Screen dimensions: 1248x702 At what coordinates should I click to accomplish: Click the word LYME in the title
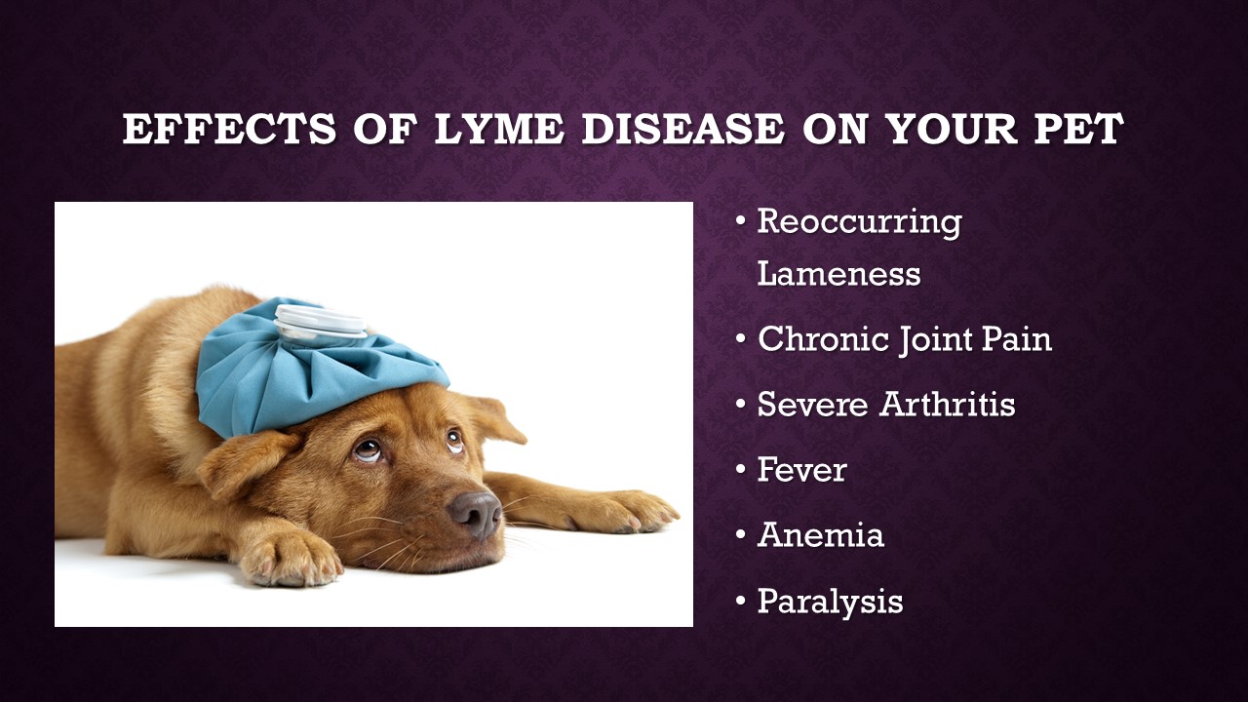[x=498, y=129]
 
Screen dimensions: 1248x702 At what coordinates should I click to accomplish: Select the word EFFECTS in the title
[x=229, y=129]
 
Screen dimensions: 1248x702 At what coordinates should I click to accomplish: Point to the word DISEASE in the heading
[x=682, y=129]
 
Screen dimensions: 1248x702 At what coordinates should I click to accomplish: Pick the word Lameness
[x=839, y=274]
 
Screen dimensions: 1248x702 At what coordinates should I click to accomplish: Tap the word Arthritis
[x=947, y=404]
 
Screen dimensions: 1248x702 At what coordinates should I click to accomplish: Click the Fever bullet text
[x=801, y=469]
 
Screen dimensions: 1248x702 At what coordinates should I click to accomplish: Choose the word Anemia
[x=820, y=535]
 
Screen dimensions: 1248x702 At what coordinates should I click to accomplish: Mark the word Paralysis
[x=830, y=603]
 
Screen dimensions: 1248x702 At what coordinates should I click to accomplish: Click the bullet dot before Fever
[x=740, y=469]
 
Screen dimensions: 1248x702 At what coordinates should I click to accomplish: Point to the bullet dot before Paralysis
[x=740, y=601]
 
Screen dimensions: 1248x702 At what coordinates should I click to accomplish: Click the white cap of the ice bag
[x=320, y=322]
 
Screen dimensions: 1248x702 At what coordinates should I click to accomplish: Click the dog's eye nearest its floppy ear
[x=369, y=449]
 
